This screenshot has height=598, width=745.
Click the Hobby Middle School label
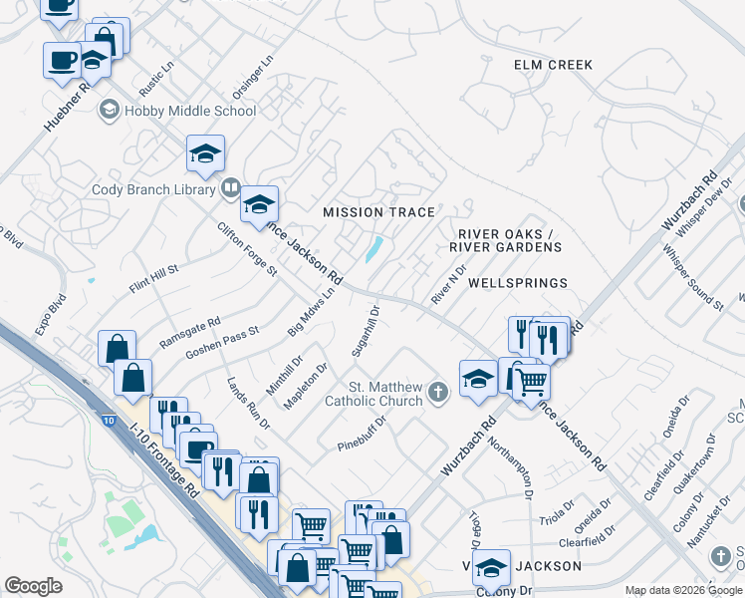(190, 111)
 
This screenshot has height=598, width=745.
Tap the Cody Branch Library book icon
(230, 186)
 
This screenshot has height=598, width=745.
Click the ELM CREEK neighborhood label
(553, 65)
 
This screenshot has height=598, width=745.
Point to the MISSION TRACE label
(379, 212)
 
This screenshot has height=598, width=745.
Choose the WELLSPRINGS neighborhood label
(517, 283)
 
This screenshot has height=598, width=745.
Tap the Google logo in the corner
(34, 585)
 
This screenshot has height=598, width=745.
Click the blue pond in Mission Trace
(375, 248)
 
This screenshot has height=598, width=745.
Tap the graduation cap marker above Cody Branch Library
(205, 153)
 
